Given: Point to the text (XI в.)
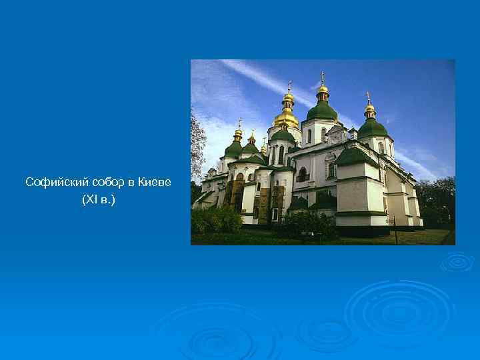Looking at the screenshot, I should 98,199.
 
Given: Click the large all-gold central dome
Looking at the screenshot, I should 286,117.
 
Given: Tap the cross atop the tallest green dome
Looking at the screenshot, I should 322,77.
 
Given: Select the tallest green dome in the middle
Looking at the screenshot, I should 322,110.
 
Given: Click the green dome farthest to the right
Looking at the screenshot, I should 372,127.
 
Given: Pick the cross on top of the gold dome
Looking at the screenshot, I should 289,85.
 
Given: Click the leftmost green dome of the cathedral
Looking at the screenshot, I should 233,149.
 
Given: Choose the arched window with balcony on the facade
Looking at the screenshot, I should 302,175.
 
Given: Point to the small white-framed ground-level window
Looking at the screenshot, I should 275,214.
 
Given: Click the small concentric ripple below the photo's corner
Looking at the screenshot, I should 457,262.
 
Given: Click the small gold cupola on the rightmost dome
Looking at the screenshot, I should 369,108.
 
